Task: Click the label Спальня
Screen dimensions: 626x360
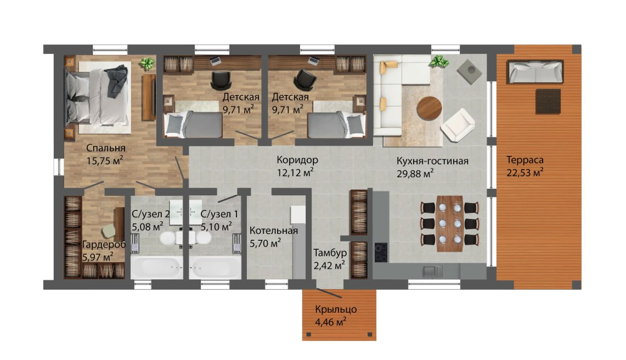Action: point(106,148)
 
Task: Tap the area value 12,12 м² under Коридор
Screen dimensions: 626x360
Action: point(295,173)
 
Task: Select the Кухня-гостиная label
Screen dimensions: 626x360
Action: point(432,161)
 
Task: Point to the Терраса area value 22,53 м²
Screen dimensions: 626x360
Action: point(525,173)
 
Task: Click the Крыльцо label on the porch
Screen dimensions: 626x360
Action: point(336,310)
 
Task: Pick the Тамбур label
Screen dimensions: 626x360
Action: point(330,253)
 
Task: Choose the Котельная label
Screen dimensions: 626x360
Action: point(273,230)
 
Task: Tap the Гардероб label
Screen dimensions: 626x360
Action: point(104,245)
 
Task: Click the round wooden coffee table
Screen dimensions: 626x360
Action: point(429,108)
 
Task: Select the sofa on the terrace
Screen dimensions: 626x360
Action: point(535,72)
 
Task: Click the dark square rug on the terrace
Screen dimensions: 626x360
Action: point(548,102)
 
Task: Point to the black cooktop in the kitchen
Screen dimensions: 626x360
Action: point(381,252)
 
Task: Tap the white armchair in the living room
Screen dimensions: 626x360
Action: point(458,125)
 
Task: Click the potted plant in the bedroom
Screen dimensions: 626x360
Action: point(148,64)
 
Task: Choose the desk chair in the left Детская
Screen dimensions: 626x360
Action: point(221,80)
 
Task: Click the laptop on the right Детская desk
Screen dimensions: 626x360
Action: point(314,61)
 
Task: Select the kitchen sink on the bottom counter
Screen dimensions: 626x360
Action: point(432,271)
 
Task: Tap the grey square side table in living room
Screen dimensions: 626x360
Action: point(469,72)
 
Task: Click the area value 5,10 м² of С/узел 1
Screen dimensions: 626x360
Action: point(216,227)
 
